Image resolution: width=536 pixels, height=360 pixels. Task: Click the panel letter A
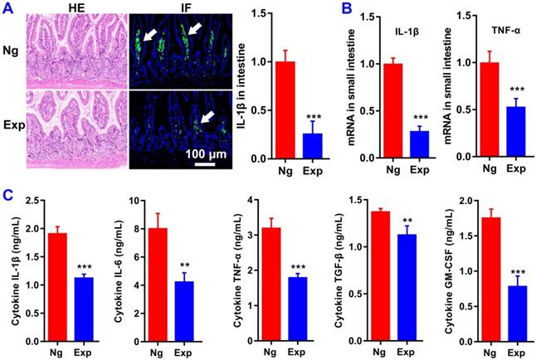[9, 9]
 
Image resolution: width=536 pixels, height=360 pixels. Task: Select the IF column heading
[181, 8]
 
